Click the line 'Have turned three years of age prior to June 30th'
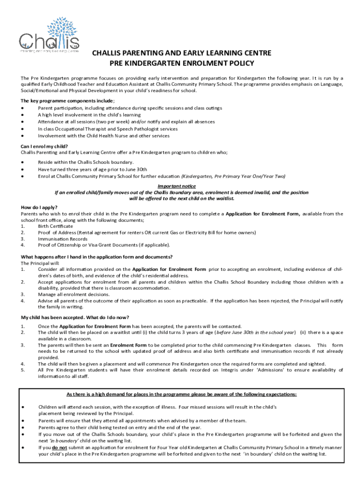point(93,169)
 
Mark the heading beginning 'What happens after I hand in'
point(97,257)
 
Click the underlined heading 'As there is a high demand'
point(181,394)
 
